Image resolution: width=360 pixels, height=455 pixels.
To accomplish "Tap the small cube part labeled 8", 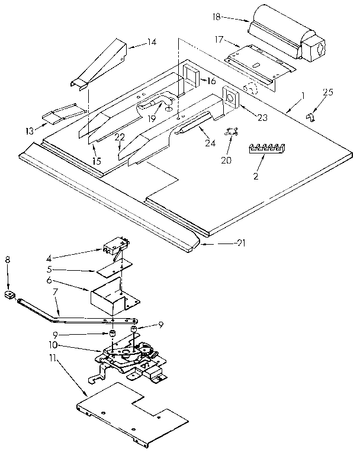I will (x=8, y=294).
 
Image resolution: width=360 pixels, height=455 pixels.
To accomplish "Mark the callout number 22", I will (x=120, y=137).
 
